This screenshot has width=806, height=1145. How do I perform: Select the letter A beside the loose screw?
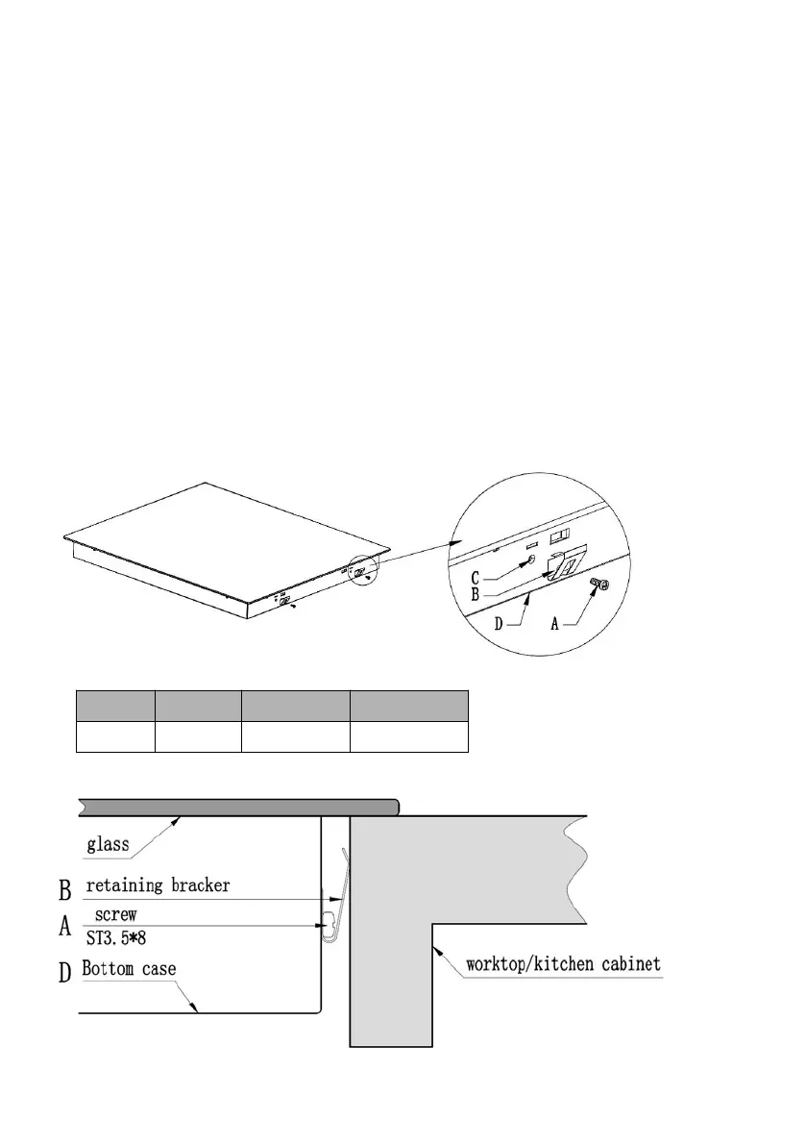coord(555,623)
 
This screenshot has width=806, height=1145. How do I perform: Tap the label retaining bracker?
coord(159,885)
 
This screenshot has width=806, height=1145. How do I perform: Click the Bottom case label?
coord(129,968)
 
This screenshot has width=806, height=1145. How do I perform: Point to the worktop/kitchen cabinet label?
coord(563,962)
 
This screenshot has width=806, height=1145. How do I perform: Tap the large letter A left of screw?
coord(65,927)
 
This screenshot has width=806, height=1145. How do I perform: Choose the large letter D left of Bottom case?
coord(65,972)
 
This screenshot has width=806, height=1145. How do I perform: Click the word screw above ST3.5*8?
coord(115,914)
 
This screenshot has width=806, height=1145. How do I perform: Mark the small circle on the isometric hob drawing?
coord(363,569)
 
